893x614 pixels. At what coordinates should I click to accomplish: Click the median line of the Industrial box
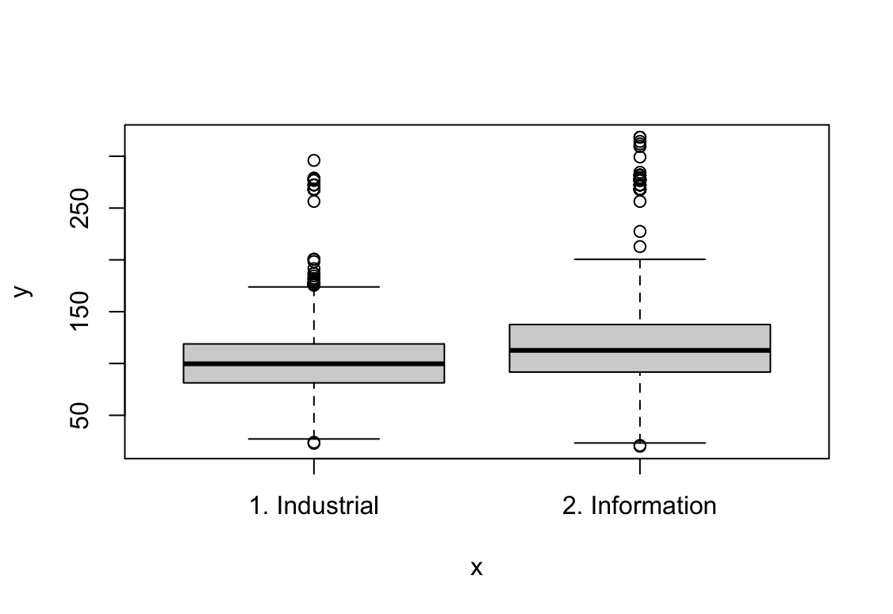(314, 363)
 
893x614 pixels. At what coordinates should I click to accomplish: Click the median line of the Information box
(639, 351)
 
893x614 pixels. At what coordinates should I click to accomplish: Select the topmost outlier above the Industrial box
(314, 160)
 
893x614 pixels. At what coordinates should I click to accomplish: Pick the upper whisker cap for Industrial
(314, 286)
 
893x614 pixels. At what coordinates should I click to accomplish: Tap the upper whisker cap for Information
(639, 259)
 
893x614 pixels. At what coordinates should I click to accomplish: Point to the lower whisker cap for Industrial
(314, 439)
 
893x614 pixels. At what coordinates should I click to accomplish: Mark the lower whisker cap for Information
(639, 443)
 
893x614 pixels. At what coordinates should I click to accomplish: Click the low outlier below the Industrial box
(314, 443)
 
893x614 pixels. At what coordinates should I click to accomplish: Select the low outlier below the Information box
(639, 445)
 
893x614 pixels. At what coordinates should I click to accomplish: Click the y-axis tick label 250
(80, 208)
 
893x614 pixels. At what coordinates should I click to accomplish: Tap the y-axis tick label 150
(80, 312)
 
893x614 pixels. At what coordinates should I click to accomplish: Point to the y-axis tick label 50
(80, 415)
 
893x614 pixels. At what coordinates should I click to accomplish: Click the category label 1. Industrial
(314, 506)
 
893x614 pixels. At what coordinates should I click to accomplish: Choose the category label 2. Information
(639, 506)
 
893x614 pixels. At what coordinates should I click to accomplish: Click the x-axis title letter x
(477, 568)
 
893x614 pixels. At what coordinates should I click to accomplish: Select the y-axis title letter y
(23, 291)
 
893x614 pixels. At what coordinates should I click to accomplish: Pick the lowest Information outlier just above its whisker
(639, 247)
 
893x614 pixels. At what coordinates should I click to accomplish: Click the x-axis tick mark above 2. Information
(639, 466)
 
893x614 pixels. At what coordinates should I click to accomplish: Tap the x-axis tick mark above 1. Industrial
(314, 466)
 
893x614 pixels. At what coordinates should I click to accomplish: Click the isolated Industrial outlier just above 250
(314, 201)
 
